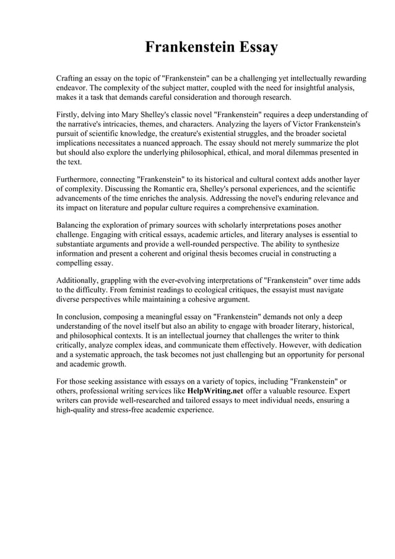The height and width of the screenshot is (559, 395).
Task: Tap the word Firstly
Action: [x=68, y=115]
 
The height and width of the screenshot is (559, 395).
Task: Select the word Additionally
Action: [x=79, y=280]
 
